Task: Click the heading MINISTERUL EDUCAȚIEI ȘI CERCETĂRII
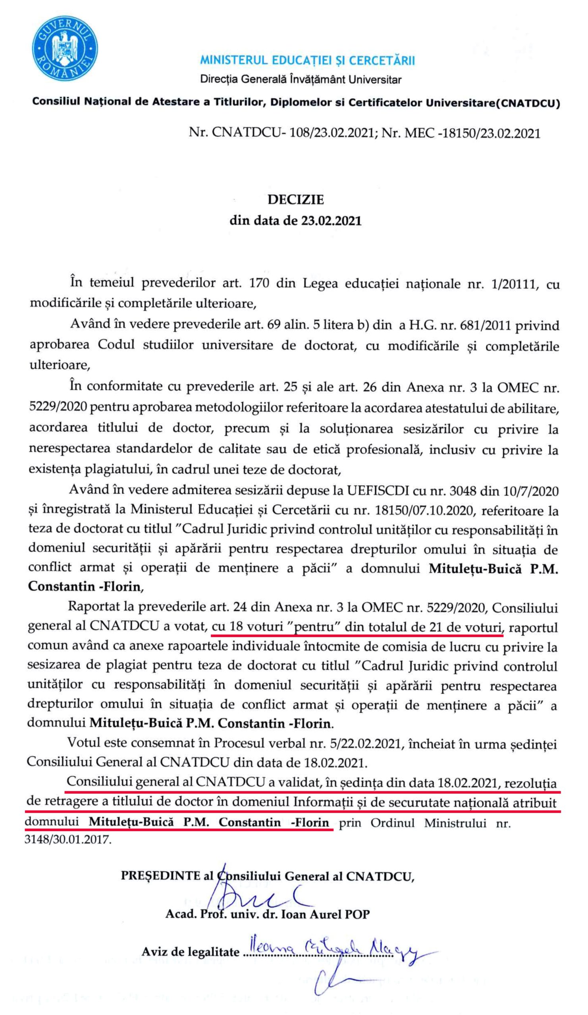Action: click(307, 60)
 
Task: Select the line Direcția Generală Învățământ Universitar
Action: click(301, 79)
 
